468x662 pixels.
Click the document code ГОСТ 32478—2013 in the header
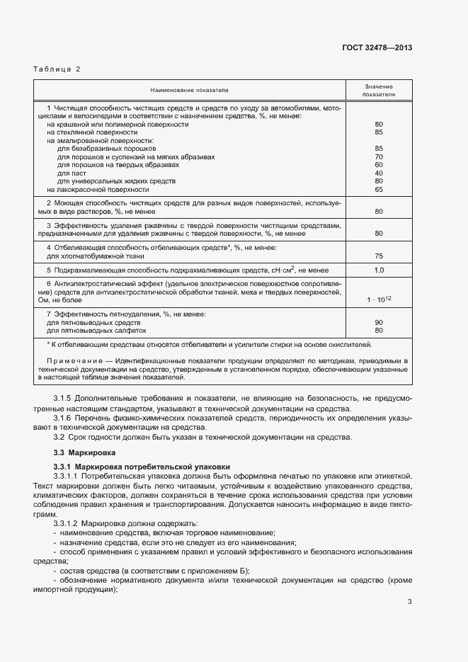pos(376,47)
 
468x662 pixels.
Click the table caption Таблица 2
pos(57,69)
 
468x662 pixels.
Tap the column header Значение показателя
pos(379,89)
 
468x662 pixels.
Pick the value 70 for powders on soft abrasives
pos(379,156)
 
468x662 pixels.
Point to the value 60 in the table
pos(379,164)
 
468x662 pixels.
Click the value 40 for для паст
pos(379,173)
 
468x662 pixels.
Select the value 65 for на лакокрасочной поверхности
pos(379,189)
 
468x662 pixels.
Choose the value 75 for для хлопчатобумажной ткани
pos(379,256)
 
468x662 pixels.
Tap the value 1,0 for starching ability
pos(379,270)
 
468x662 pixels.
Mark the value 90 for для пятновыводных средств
pos(379,321)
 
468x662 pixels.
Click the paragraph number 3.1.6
pos(64,418)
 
